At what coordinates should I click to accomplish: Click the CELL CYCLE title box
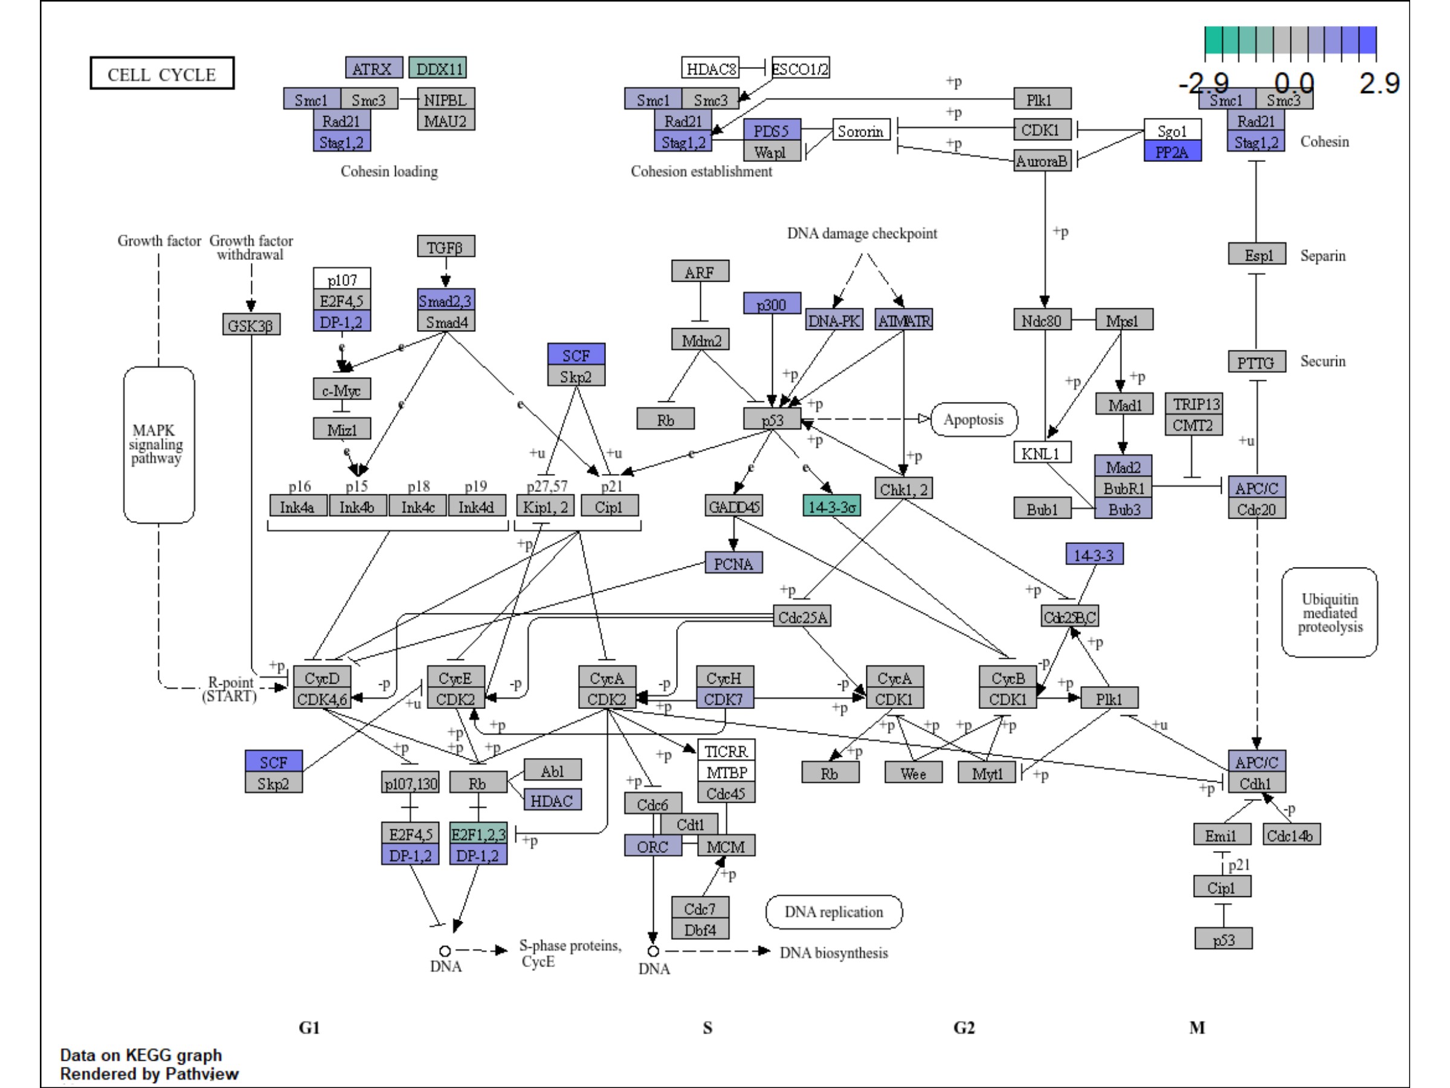(x=162, y=74)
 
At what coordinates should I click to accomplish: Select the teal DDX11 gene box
(x=438, y=68)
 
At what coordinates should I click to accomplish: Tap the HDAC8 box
(x=710, y=68)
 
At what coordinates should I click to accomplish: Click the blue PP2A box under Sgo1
(x=1172, y=152)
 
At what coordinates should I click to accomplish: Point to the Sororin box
(x=862, y=131)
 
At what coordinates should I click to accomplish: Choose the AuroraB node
(x=1042, y=161)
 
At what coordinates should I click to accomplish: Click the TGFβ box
(x=446, y=247)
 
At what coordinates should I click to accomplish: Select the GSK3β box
(x=251, y=325)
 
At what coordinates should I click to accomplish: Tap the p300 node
(x=772, y=303)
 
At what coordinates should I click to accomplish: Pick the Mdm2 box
(x=701, y=340)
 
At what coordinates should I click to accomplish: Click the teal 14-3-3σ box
(x=831, y=506)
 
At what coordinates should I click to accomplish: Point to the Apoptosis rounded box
(x=973, y=419)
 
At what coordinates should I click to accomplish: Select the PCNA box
(x=733, y=563)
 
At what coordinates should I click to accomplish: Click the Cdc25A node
(x=802, y=617)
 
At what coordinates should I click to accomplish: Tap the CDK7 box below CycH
(x=724, y=699)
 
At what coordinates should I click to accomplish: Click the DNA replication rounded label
(x=834, y=912)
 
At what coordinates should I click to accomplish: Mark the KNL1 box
(x=1042, y=453)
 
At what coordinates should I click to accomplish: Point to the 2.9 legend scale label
(x=1379, y=83)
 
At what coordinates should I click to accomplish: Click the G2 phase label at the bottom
(x=964, y=1027)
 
